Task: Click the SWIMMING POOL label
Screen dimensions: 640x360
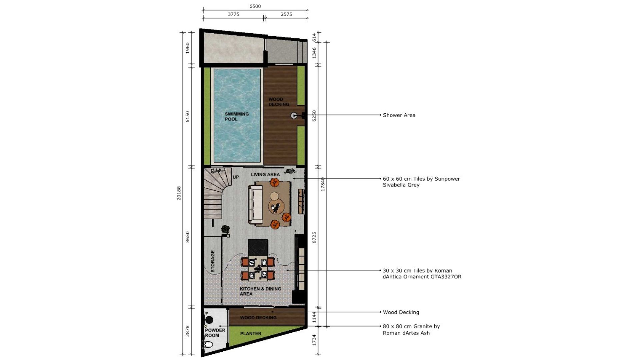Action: click(x=237, y=116)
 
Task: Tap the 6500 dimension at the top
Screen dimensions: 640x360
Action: click(x=255, y=6)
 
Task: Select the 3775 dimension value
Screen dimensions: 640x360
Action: click(x=233, y=14)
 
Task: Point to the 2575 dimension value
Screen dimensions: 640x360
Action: click(x=286, y=14)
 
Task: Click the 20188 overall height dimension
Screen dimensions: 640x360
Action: click(x=179, y=193)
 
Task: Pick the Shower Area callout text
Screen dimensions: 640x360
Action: click(x=399, y=115)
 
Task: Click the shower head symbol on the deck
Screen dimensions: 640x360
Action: click(x=294, y=115)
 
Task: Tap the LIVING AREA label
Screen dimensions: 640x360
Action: click(x=265, y=174)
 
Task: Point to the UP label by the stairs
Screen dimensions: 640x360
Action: click(x=236, y=177)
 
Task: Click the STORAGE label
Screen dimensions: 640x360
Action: click(x=213, y=261)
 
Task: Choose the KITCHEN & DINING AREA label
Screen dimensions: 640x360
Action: click(x=260, y=291)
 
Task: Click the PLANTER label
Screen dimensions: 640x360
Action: click(x=251, y=333)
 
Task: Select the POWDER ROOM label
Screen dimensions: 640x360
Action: click(x=215, y=333)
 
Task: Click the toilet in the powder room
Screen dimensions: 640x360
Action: click(x=208, y=344)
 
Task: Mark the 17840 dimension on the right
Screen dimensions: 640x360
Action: click(x=323, y=184)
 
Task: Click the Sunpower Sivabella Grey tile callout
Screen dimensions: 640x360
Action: click(x=421, y=182)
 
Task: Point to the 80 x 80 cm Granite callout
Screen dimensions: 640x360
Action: click(x=411, y=329)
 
